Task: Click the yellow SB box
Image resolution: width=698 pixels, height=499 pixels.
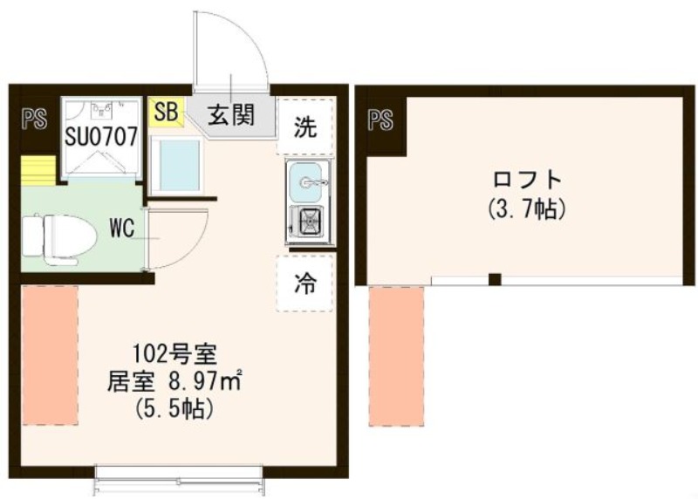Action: (167, 112)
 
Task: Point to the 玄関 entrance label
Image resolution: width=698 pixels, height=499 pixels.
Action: (231, 113)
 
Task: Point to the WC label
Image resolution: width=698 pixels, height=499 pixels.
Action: (121, 229)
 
